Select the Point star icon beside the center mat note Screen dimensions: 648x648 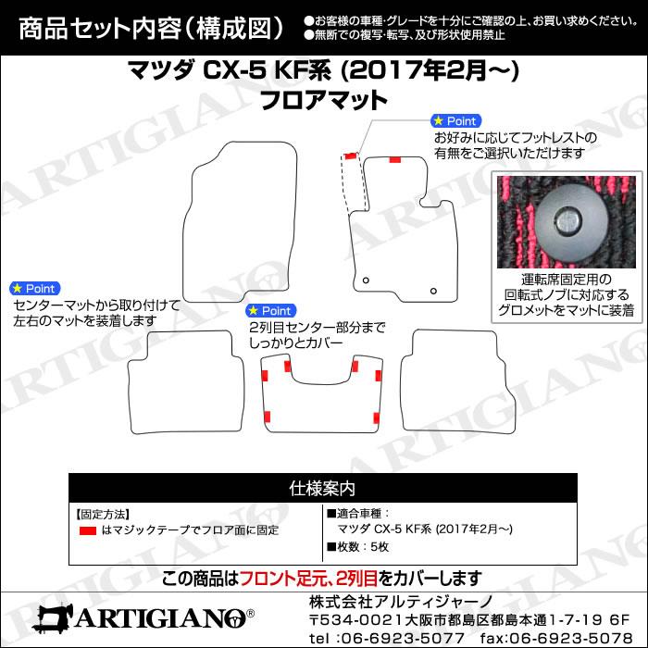coord(15,288)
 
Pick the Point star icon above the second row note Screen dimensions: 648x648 coord(252,310)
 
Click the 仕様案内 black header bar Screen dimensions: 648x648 coord(323,488)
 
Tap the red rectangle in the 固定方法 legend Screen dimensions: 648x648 coord(87,530)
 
